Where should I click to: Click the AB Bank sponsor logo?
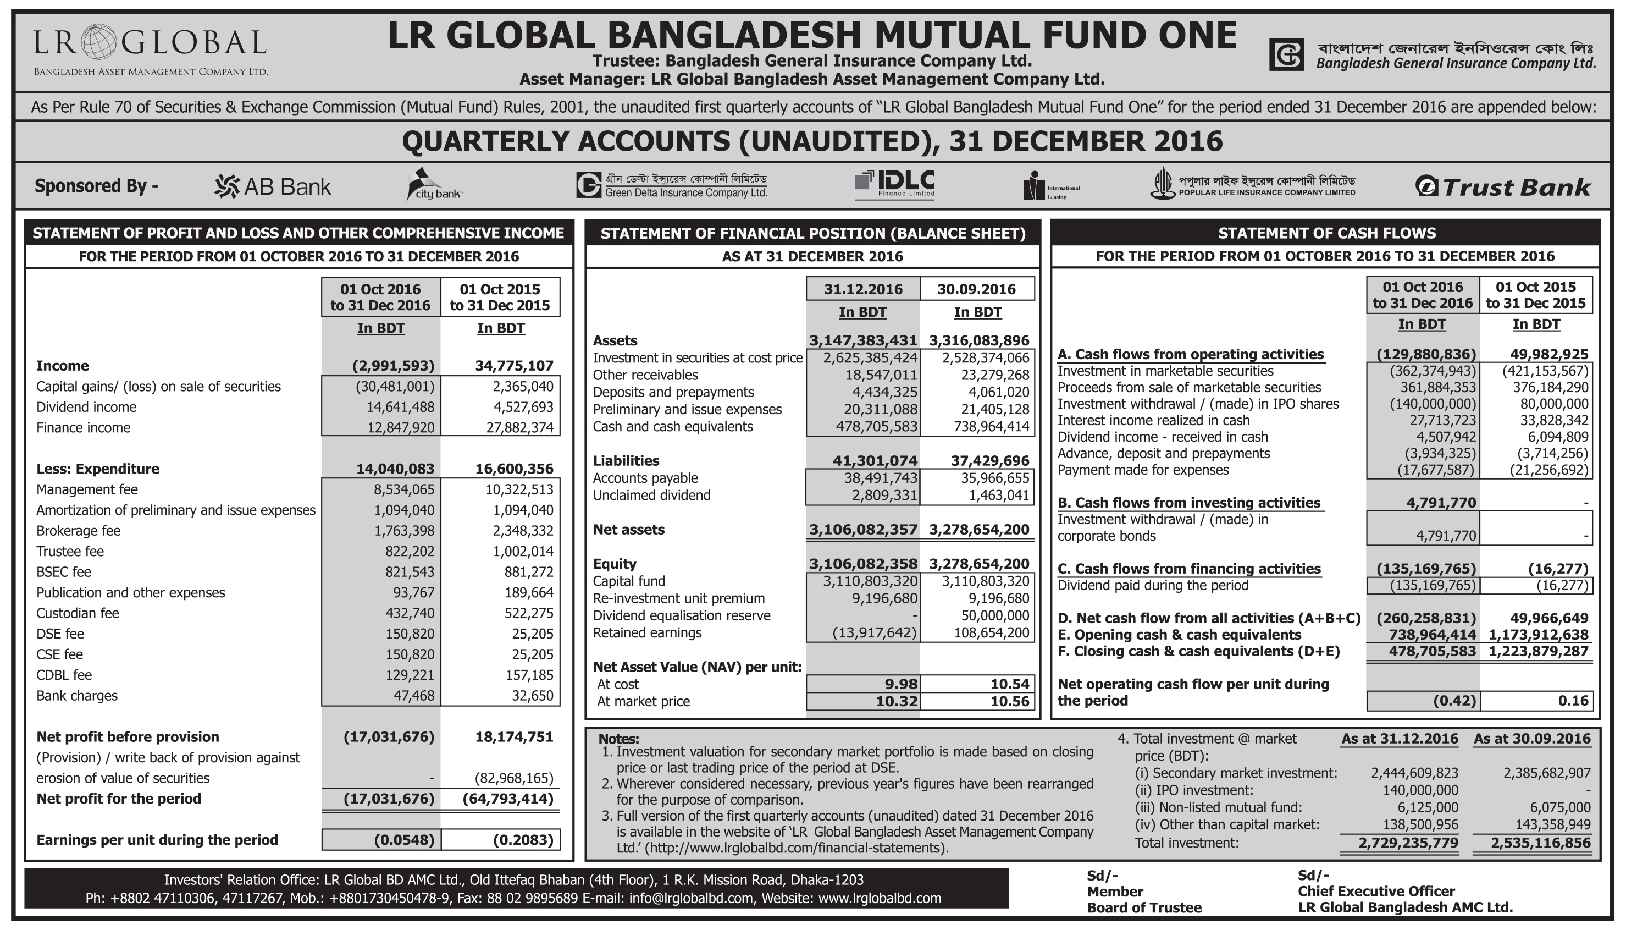pyautogui.click(x=273, y=186)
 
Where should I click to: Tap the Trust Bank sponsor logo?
pyautogui.click(x=1503, y=186)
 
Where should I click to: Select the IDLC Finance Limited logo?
pyautogui.click(x=894, y=184)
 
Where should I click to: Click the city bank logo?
pyautogui.click(x=434, y=185)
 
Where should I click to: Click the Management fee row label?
pyautogui.click(x=87, y=489)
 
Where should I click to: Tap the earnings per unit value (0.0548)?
pyautogui.click(x=404, y=839)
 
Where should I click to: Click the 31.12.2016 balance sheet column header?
pyautogui.click(x=862, y=289)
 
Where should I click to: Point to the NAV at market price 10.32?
pyautogui.click(x=897, y=701)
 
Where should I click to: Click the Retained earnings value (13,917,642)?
pyautogui.click(x=875, y=632)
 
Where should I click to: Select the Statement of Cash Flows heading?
pyautogui.click(x=1326, y=233)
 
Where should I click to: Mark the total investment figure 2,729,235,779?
pyautogui.click(x=1408, y=843)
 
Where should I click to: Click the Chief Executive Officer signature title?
pyautogui.click(x=1376, y=891)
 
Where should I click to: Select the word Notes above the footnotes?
pyautogui.click(x=618, y=739)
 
